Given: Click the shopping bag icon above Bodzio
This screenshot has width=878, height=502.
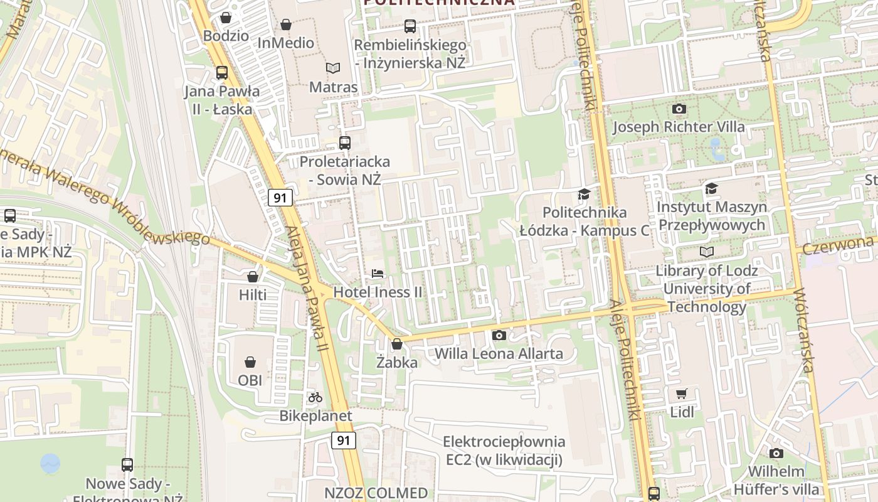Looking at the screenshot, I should click(x=226, y=18).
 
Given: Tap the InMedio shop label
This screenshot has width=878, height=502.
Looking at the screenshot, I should click(x=286, y=43).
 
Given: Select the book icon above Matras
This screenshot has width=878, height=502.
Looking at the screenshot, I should click(x=332, y=68).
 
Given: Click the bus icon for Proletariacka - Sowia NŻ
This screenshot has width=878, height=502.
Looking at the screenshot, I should click(x=344, y=143).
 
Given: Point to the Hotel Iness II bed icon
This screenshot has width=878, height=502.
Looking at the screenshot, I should click(x=377, y=274).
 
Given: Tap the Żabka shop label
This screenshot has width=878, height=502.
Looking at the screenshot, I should click(x=396, y=362).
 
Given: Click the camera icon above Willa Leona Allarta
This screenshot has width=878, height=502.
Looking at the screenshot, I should click(x=499, y=336).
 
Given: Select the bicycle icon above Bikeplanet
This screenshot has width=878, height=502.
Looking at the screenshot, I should click(x=315, y=397).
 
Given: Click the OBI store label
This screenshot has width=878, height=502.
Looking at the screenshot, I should click(x=250, y=380).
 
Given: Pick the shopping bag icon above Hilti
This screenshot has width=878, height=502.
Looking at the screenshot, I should click(x=253, y=277).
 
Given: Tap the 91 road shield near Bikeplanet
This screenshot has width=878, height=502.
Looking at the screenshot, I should click(x=344, y=440).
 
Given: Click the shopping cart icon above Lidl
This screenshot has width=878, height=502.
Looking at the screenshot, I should click(x=682, y=394).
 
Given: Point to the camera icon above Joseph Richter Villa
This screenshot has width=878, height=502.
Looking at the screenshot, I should click(x=679, y=109).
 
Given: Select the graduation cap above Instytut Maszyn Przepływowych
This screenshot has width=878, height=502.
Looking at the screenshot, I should click(x=711, y=188).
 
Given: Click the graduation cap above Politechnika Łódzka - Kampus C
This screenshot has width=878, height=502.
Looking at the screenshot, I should click(x=584, y=194).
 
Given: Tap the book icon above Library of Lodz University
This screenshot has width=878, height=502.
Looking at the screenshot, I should click(x=707, y=252).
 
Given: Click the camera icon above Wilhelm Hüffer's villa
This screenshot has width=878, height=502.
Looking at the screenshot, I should click(x=776, y=453).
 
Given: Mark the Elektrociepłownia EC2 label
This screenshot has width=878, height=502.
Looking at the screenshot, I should click(x=504, y=451).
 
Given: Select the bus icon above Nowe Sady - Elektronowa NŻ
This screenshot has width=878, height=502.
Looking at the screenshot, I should click(x=127, y=465).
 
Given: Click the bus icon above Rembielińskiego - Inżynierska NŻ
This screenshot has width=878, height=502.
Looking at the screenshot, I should click(x=410, y=26).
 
